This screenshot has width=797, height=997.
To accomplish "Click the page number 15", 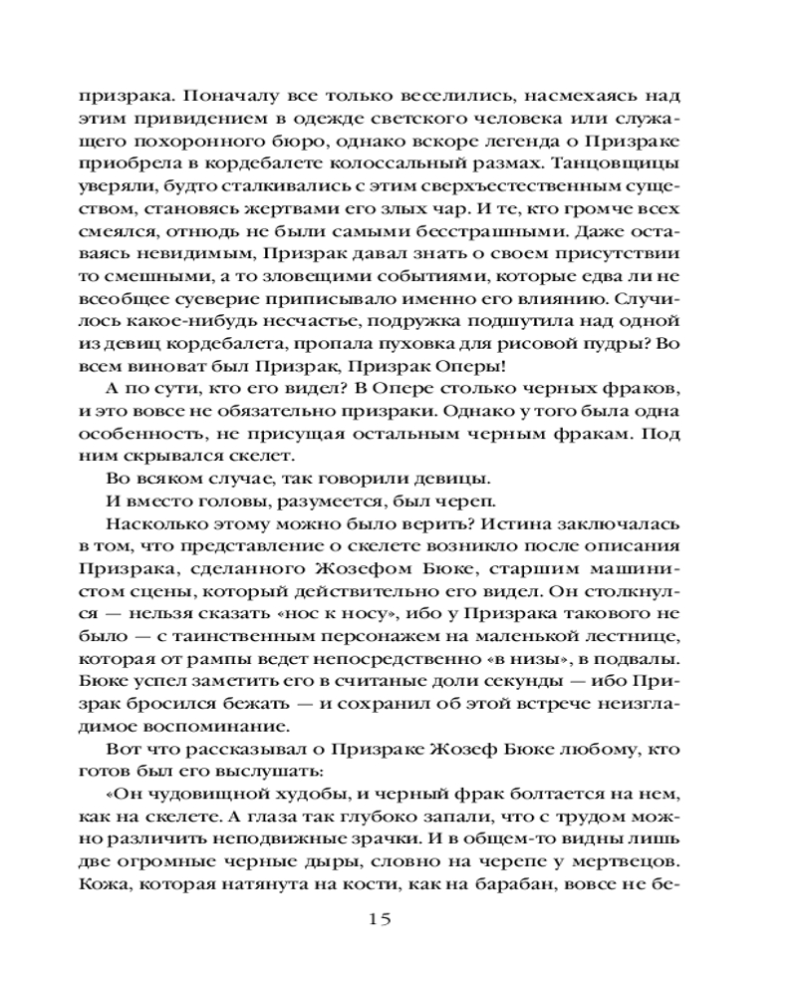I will (381, 918).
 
